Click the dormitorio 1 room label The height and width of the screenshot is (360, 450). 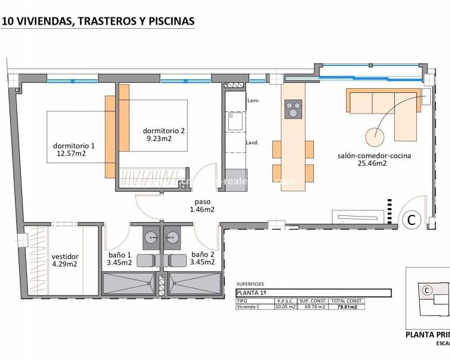[74, 145]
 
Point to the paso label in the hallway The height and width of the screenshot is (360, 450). [202, 201]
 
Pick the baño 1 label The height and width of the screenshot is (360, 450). [120, 254]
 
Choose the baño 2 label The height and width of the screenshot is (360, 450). [202, 254]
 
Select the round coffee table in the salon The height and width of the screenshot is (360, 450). [375, 136]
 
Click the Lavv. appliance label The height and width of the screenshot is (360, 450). [253, 101]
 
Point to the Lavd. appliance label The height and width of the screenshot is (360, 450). [252, 143]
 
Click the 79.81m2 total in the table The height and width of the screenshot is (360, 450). [348, 307]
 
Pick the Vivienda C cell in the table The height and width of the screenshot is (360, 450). [250, 307]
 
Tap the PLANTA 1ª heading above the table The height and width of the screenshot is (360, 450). [251, 293]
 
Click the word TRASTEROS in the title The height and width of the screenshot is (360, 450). [105, 21]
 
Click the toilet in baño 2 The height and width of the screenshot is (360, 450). [178, 260]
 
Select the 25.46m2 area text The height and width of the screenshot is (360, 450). [372, 164]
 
